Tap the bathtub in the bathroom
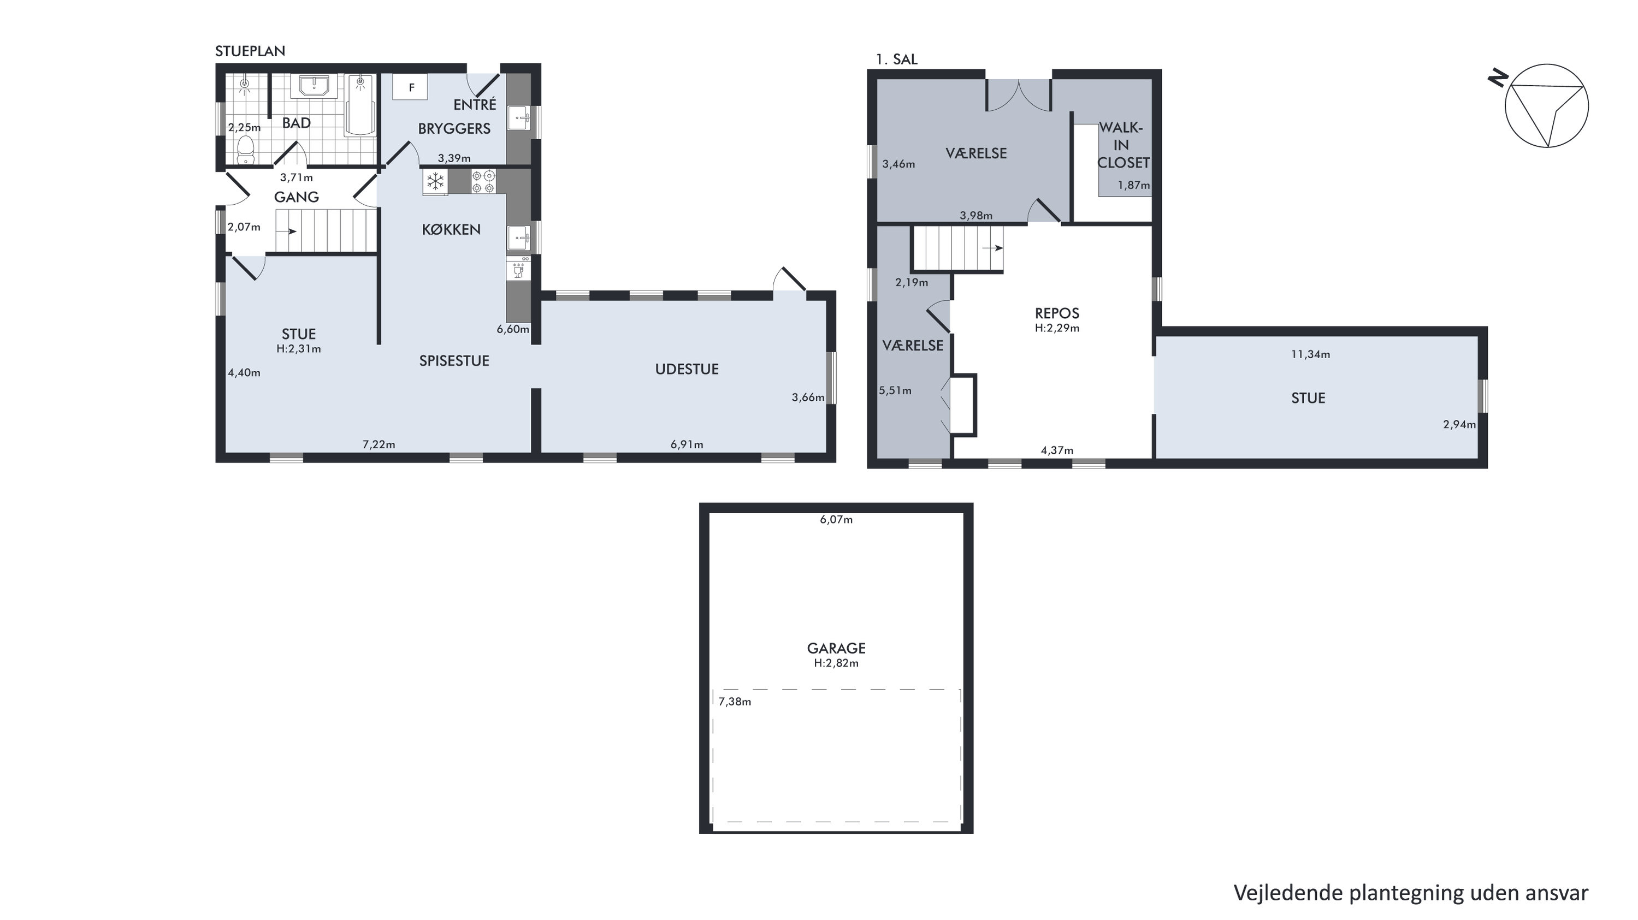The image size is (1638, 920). [x=360, y=105]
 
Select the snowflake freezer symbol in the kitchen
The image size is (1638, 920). [x=435, y=182]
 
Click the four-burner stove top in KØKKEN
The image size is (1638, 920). [x=483, y=181]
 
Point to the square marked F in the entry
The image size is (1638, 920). [x=411, y=87]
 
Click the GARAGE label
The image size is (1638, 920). [x=836, y=648]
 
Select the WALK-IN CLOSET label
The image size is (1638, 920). [x=1123, y=146]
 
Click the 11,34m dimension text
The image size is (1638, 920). [x=1310, y=355]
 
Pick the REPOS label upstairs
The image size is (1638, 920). [x=1057, y=313]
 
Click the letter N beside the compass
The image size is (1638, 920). [x=1498, y=79]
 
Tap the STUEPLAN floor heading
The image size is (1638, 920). [x=250, y=51]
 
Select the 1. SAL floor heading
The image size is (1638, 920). [x=897, y=59]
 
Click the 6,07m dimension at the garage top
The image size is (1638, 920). [x=836, y=519]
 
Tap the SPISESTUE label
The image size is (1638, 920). [x=454, y=361]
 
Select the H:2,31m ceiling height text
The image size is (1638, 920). [x=298, y=349]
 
